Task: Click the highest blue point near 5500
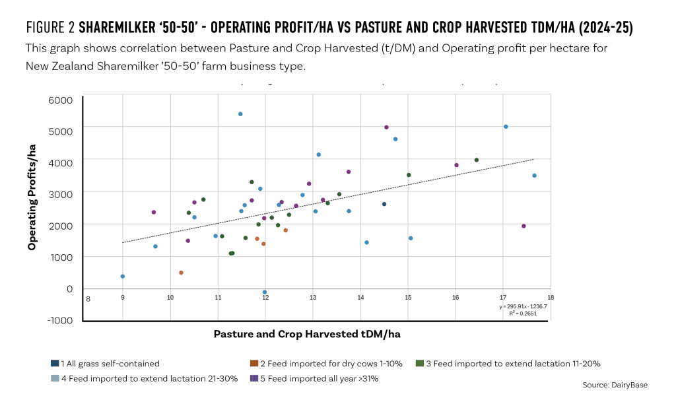click(x=240, y=114)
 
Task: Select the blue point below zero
click(x=265, y=292)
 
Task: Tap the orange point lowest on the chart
click(x=181, y=273)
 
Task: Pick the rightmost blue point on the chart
click(x=534, y=176)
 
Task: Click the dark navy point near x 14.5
click(x=384, y=204)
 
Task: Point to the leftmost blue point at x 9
click(x=123, y=277)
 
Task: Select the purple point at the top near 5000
click(x=386, y=127)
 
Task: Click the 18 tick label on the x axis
click(x=550, y=298)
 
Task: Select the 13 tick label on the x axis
click(x=312, y=298)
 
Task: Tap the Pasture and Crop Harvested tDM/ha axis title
click(x=307, y=335)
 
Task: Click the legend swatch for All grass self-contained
click(x=55, y=364)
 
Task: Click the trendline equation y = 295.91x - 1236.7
click(x=523, y=306)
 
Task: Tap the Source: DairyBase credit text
click(x=615, y=385)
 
